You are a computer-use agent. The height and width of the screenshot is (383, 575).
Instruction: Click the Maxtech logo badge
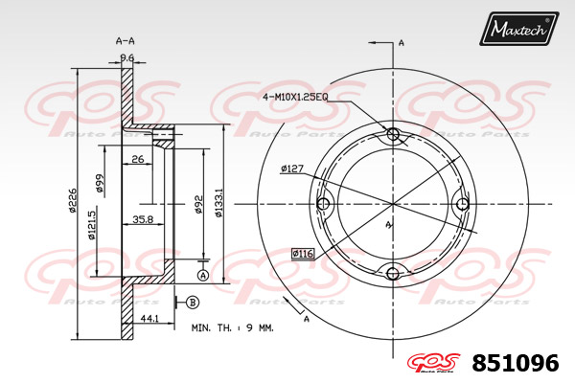pos(518,29)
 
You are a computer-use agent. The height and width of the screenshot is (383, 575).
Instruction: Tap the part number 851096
pos(516,363)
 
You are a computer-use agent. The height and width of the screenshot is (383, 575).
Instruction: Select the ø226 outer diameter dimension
pos(73,200)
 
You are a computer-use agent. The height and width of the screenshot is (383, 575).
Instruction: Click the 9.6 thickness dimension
pos(127,57)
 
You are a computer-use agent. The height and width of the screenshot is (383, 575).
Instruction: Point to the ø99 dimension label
pos(99,183)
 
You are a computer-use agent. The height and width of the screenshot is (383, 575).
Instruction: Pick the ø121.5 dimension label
pos(91,223)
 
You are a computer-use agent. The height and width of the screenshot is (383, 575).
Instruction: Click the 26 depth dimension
pos(137,159)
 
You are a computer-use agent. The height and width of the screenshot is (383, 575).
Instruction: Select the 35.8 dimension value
pos(143,219)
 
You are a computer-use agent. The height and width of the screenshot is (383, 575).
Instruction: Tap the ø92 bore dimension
pos(198,204)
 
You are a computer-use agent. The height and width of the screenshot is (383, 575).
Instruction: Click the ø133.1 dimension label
pos(218,203)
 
